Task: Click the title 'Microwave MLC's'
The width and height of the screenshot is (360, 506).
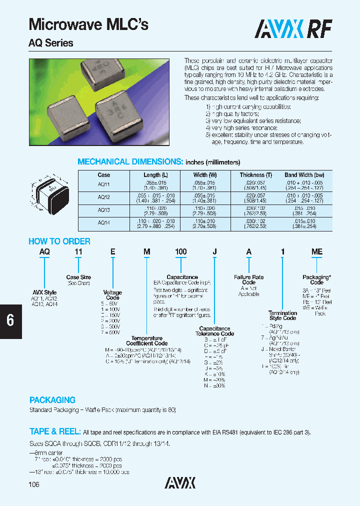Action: point(88,24)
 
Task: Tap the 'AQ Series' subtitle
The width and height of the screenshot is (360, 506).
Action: point(50,43)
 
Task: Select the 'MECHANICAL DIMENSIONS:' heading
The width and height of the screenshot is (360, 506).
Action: point(130,161)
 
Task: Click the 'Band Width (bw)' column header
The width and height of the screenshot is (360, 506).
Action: point(304,175)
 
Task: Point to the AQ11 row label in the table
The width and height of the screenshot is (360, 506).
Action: point(104,184)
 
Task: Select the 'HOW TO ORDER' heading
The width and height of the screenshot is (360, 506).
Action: point(59,241)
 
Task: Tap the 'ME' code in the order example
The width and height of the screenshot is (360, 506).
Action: point(316,252)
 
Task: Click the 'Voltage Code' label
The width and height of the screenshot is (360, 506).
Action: point(112,295)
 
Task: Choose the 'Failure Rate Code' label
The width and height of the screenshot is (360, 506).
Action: point(248,279)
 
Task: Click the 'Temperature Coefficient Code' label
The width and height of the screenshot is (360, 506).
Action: point(146,340)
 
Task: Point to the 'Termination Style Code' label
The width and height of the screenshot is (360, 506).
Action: point(282,315)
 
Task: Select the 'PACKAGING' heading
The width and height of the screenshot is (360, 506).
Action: point(52,400)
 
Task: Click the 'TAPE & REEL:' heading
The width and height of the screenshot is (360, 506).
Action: point(55,431)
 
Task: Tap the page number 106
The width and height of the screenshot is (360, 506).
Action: point(33,484)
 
